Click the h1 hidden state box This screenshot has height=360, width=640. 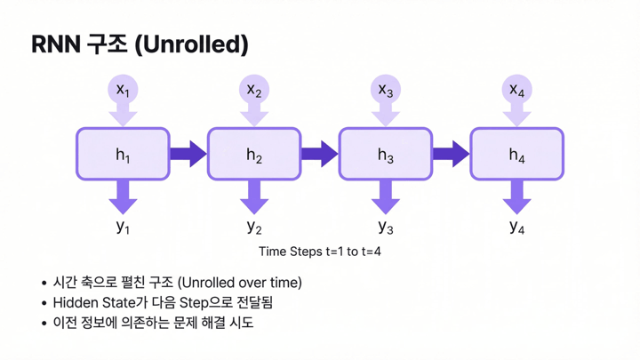(x=123, y=155)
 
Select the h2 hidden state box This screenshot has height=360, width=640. (x=254, y=155)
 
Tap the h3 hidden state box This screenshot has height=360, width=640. (x=385, y=155)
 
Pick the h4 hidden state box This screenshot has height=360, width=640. (x=516, y=155)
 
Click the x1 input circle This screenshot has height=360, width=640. (x=123, y=90)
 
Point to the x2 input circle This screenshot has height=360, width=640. (x=254, y=90)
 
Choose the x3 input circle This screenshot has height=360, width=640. (x=385, y=90)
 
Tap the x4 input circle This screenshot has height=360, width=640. (x=516, y=90)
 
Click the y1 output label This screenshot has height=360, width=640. (x=123, y=226)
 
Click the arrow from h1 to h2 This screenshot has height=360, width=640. (x=188, y=155)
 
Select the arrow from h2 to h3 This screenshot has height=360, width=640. (x=319, y=155)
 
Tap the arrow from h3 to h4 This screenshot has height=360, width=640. (x=451, y=155)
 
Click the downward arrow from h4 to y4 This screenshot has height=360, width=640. (x=516, y=195)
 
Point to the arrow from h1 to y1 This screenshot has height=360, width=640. (x=123, y=195)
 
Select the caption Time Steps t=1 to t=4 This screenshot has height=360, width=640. (x=319, y=252)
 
